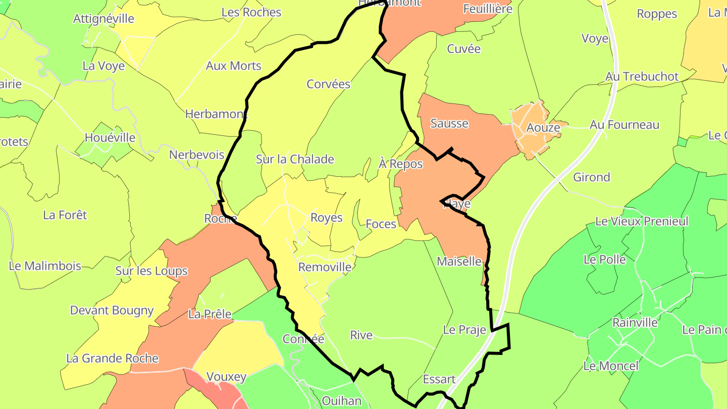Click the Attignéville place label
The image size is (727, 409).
point(103,19)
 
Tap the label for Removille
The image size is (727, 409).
point(325,267)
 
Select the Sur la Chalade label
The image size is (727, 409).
point(295,159)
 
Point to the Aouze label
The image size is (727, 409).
point(543,127)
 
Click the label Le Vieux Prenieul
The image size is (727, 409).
point(642,221)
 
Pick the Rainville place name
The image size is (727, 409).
point(635,322)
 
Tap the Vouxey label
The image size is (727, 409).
point(226,377)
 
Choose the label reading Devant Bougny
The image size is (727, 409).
point(112,310)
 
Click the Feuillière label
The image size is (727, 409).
point(487,9)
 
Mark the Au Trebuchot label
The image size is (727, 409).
point(642,76)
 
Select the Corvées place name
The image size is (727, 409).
point(329,84)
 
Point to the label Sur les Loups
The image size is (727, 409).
point(151,271)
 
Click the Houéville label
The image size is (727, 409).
point(110,137)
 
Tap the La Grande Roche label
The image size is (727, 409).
point(112,359)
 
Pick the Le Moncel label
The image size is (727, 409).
point(611,366)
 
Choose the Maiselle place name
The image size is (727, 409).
point(459,262)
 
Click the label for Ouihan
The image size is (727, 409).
point(341,401)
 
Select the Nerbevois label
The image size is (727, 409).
point(196,155)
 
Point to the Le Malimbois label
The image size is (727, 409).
point(45,266)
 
